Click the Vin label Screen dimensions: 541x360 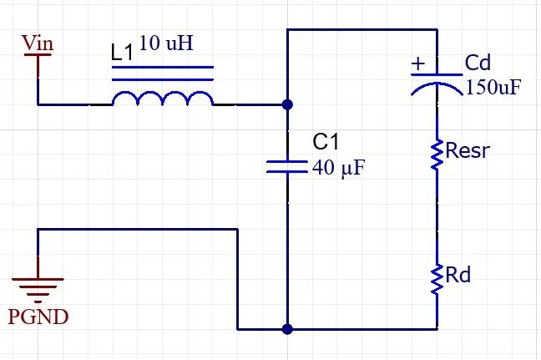point(38,43)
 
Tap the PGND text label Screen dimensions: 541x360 point(38,317)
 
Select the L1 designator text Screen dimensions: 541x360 point(123,53)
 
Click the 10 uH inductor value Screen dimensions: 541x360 point(166,43)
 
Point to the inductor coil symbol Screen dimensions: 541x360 point(163,98)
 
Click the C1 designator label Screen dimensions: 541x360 point(326,141)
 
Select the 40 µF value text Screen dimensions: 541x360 point(338,168)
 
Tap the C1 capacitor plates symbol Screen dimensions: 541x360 point(287,166)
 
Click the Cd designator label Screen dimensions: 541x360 point(478,63)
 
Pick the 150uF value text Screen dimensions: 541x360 point(493,87)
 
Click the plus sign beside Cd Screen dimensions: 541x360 point(418,63)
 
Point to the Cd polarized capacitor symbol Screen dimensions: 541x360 point(437,84)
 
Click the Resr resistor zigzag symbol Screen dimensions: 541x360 point(437,155)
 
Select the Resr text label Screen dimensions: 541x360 point(468,150)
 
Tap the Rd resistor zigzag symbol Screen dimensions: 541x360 point(437,280)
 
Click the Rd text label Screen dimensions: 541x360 point(458,275)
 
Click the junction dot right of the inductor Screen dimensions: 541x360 point(287,104)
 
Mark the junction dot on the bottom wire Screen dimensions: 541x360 point(287,329)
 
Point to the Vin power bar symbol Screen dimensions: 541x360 point(38,54)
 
